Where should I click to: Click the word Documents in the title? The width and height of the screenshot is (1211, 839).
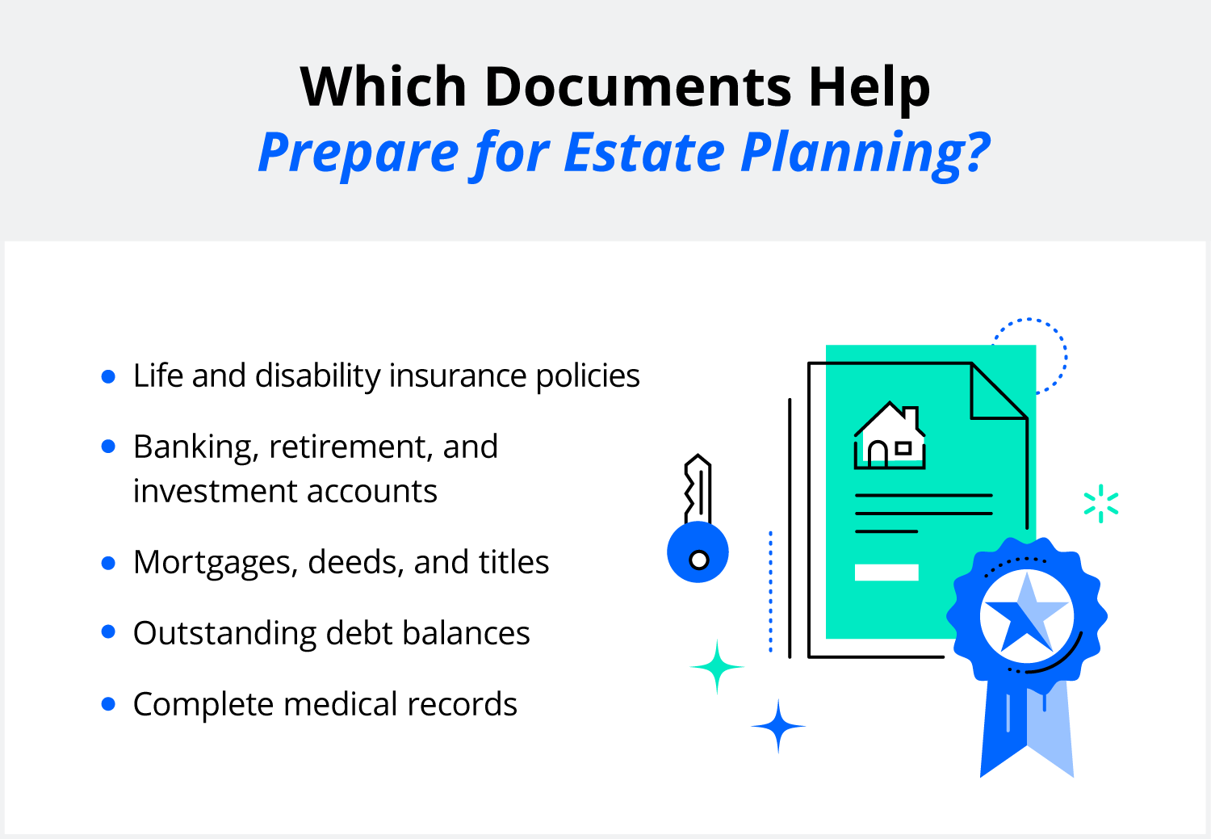click(638, 87)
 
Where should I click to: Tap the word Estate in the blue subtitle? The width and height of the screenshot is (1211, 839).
click(644, 152)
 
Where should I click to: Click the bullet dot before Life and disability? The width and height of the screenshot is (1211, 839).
click(109, 376)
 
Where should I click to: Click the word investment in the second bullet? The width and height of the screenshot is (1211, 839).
click(213, 492)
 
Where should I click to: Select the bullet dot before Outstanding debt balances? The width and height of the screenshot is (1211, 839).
click(109, 632)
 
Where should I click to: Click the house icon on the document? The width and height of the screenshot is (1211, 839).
click(890, 437)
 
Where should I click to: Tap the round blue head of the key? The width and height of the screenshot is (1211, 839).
click(698, 553)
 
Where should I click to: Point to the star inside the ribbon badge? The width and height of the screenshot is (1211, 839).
click(1025, 615)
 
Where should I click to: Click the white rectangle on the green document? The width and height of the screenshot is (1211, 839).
click(886, 573)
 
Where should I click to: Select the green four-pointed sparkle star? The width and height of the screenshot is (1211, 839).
click(717, 667)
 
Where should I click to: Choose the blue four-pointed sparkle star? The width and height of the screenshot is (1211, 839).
click(777, 727)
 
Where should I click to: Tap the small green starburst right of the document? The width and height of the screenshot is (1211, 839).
click(1101, 504)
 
